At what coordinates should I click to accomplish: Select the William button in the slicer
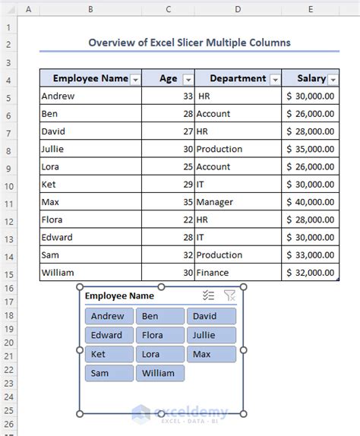[x=159, y=373]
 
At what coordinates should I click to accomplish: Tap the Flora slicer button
[x=159, y=335]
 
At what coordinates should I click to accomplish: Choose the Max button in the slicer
[x=210, y=354]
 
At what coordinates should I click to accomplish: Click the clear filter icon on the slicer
[x=230, y=296]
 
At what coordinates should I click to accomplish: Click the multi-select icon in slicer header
[x=209, y=296]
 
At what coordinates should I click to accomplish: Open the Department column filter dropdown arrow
[x=275, y=79]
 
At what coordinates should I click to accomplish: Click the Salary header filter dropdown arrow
[x=333, y=79]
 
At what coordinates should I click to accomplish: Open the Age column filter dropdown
[x=188, y=79]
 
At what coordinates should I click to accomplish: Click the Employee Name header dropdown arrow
[x=135, y=79]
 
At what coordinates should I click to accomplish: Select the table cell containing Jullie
[x=91, y=149]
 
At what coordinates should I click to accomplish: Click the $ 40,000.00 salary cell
[x=310, y=202]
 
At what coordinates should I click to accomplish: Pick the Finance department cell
[x=237, y=273]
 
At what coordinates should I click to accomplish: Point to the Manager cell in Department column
[x=237, y=202]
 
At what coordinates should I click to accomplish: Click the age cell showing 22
[x=169, y=220]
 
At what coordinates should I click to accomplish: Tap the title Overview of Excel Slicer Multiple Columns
[x=189, y=43]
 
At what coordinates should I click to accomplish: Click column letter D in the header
[x=237, y=9]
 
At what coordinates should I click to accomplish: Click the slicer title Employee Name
[x=119, y=296]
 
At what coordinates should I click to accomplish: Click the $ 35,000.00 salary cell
[x=310, y=149]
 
